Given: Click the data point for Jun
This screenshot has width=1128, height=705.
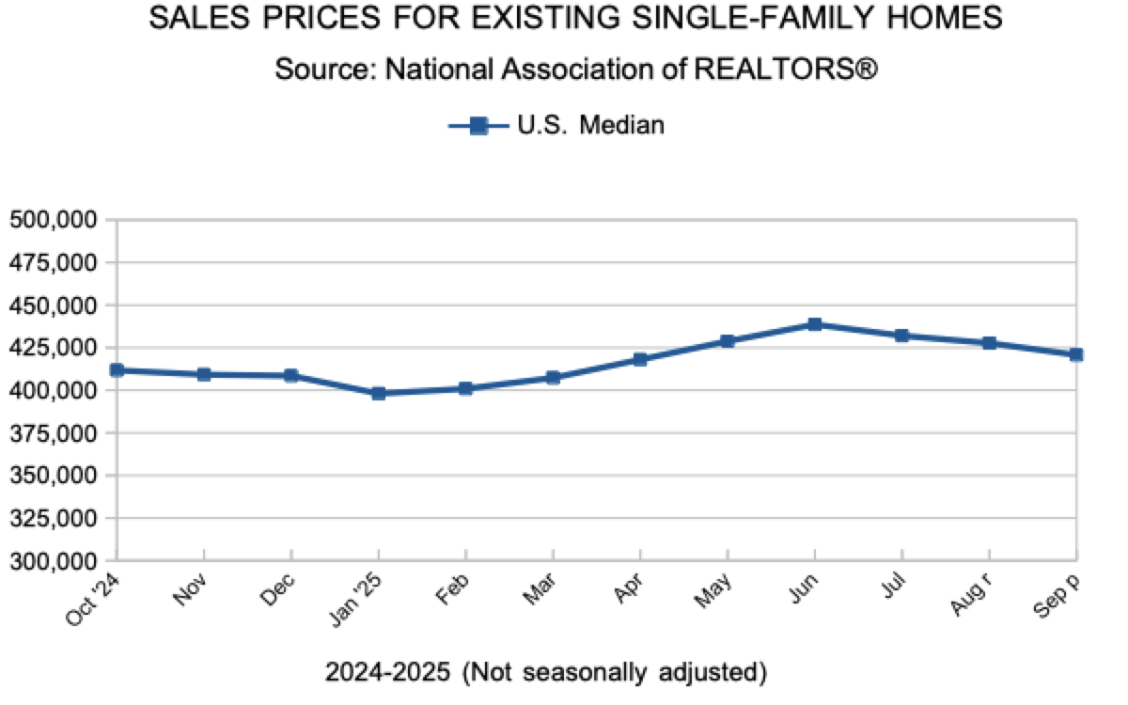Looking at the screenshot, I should (x=815, y=324).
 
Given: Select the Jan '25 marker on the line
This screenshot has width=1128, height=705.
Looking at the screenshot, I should (x=378, y=393).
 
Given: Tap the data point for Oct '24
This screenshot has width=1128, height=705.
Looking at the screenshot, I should (x=117, y=370).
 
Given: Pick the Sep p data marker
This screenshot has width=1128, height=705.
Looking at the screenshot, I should (x=1076, y=354).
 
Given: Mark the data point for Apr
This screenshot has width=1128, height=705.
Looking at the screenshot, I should (x=640, y=359).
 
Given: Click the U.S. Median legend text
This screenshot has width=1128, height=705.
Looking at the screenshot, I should (x=591, y=125).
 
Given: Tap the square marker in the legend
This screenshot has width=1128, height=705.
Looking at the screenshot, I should (x=478, y=125).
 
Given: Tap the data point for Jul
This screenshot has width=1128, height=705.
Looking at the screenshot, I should (x=901, y=336).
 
